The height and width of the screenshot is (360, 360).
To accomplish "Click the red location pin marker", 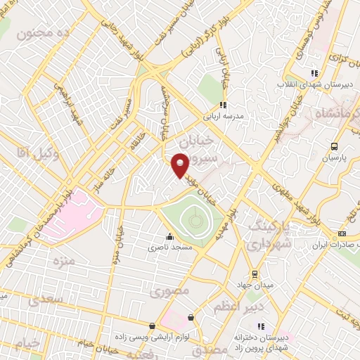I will click(x=181, y=165).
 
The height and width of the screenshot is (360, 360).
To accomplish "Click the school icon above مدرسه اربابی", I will click(x=223, y=105).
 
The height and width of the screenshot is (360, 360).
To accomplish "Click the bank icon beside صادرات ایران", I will click(x=343, y=235).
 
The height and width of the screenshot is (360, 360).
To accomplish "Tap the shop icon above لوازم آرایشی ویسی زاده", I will click(x=191, y=318).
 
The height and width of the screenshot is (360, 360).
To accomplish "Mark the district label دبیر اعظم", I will click(x=264, y=307).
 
